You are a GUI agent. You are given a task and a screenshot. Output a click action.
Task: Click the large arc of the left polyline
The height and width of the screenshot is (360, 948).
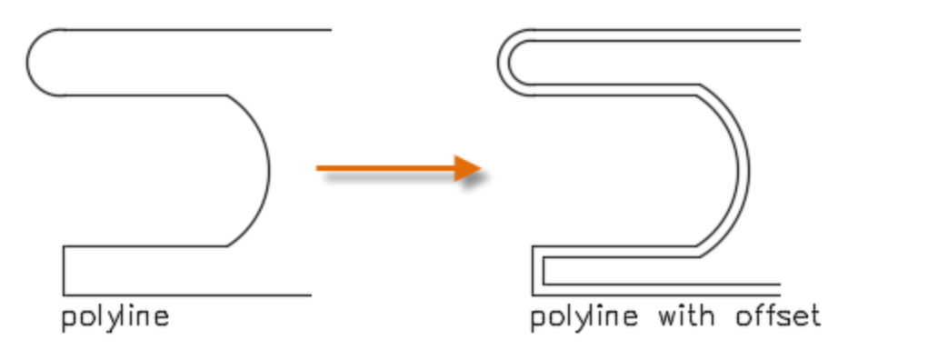click(x=269, y=170)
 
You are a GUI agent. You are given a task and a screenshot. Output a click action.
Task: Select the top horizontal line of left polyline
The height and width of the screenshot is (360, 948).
click(x=200, y=29)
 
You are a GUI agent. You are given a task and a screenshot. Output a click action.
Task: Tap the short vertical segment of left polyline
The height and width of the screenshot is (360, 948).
click(x=64, y=270)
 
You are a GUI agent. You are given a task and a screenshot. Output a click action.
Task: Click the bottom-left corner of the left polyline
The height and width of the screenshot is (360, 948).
click(x=64, y=295)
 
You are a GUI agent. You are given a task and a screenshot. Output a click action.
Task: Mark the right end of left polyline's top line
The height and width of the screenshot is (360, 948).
click(x=330, y=29)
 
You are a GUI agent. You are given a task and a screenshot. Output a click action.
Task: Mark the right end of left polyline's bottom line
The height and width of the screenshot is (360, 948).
click(x=311, y=295)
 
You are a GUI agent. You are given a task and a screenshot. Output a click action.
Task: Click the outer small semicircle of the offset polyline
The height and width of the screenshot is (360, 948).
click(x=499, y=62)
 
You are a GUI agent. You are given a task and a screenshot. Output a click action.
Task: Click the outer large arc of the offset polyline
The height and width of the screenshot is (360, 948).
click(x=750, y=170)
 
